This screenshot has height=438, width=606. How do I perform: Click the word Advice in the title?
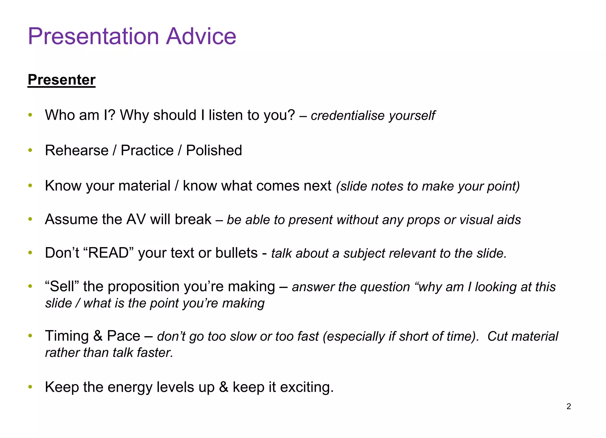tap(201, 36)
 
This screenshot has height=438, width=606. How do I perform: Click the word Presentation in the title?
tap(94, 36)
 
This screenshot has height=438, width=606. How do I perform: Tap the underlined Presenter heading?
tap(62, 80)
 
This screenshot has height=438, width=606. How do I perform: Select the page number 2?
tap(568, 406)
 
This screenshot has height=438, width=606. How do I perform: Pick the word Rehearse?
tap(77, 150)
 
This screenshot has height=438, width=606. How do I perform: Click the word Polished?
tap(214, 150)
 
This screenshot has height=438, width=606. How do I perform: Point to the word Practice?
tap(147, 150)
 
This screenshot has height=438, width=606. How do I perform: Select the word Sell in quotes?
tap(62, 286)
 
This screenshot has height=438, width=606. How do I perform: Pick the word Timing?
tap(67, 336)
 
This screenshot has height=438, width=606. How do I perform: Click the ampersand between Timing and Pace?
tap(98, 336)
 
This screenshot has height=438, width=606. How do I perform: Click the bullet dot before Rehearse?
tap(30, 150)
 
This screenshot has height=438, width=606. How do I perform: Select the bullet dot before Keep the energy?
tap(30, 387)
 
